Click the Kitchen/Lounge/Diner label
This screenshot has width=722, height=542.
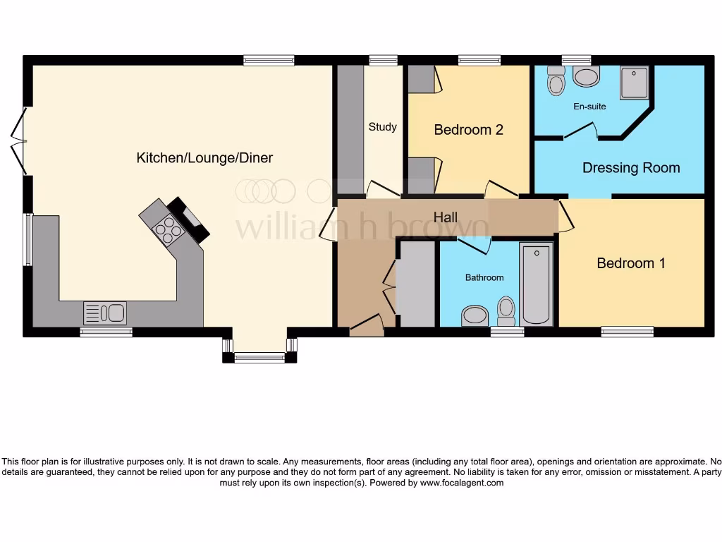pyautogui.click(x=204, y=158)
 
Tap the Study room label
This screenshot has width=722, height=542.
pyautogui.click(x=382, y=127)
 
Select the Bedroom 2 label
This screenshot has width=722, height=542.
pyautogui.click(x=468, y=130)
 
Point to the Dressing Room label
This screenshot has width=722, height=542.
pyautogui.click(x=631, y=168)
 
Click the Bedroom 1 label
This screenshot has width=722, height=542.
pyautogui.click(x=631, y=263)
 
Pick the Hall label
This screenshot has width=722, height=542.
pyautogui.click(x=446, y=217)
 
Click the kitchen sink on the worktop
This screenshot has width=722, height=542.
pyautogui.click(x=104, y=311)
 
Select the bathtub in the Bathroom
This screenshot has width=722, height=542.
pyautogui.click(x=537, y=285)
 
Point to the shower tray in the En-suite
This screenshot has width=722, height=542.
pyautogui.click(x=636, y=83)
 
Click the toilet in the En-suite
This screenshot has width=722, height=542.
pyautogui.click(x=556, y=83)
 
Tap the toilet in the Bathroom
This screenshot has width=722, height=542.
pyautogui.click(x=506, y=309)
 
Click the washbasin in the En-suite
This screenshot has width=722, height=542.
pyautogui.click(x=586, y=76)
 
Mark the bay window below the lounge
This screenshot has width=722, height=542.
pyautogui.click(x=259, y=358)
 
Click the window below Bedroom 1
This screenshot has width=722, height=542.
pyautogui.click(x=627, y=330)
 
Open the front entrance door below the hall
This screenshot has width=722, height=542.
pyautogui.click(x=366, y=327)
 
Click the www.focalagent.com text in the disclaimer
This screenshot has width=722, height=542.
pyautogui.click(x=462, y=483)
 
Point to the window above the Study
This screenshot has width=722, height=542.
pyautogui.click(x=383, y=61)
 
